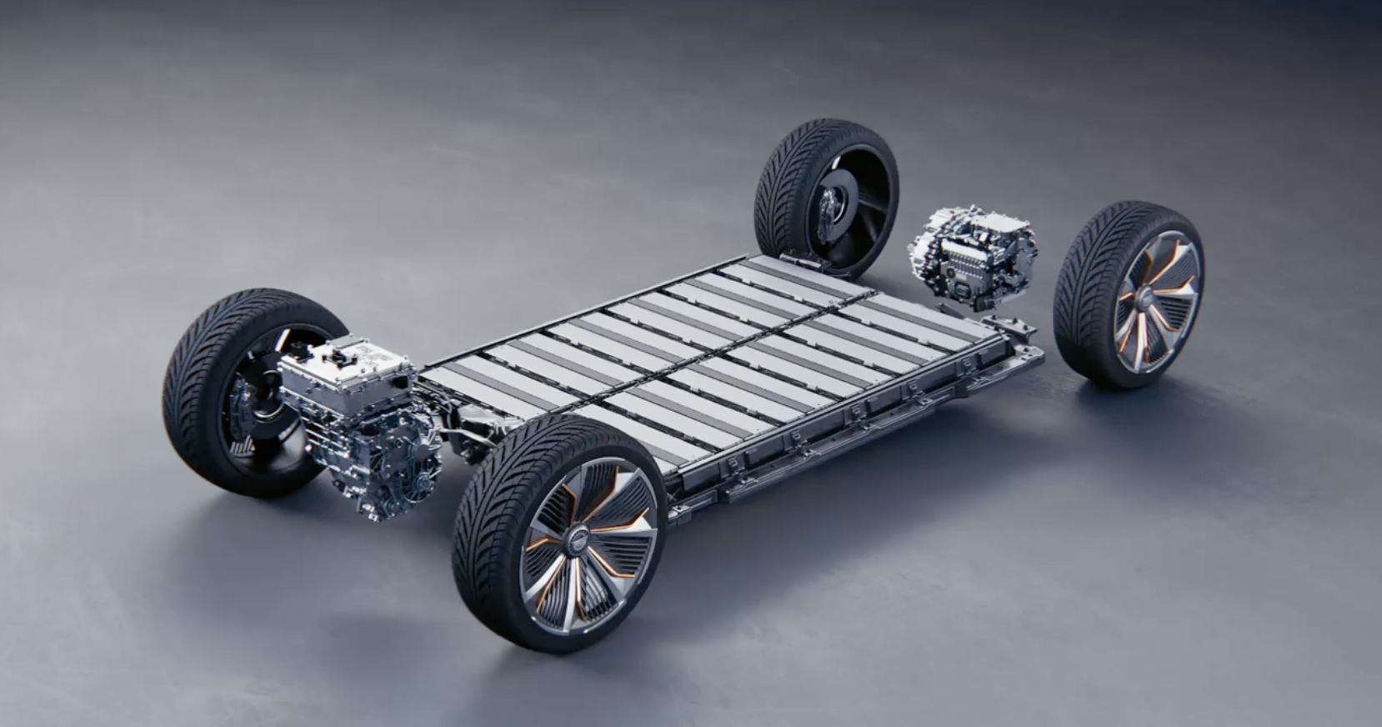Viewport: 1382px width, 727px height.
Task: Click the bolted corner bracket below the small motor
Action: [x=1004, y=325]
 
